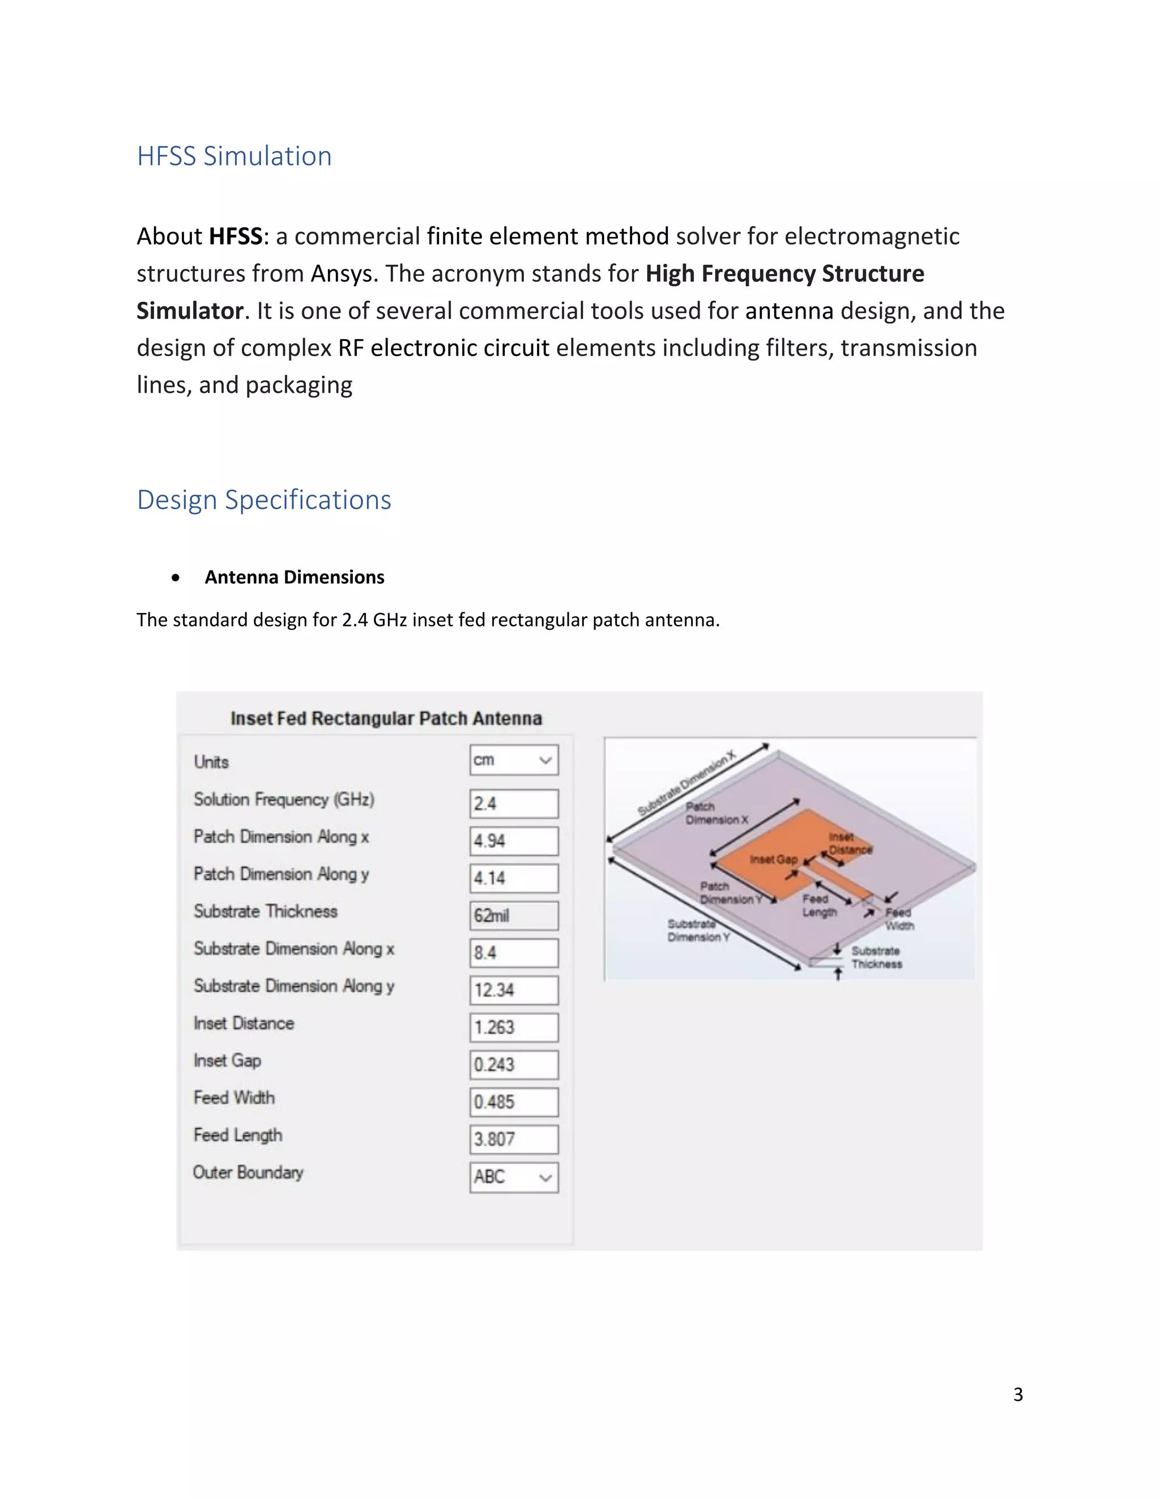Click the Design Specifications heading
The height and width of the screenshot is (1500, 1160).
[264, 499]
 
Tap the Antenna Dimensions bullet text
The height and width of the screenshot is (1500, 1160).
[294, 577]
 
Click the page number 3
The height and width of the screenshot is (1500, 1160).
[1018, 1394]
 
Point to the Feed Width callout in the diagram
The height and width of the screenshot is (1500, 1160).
[899, 919]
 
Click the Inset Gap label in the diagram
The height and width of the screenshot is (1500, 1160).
[773, 859]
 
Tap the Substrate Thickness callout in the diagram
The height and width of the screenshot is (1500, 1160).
[876, 957]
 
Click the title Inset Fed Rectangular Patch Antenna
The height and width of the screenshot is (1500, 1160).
[386, 718]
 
